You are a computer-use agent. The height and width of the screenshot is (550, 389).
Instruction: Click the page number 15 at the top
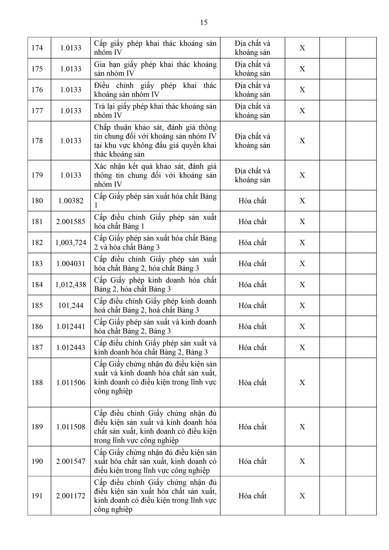204,23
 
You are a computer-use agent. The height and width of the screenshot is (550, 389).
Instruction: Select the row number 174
37,48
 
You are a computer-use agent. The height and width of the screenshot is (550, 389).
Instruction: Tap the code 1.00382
71,201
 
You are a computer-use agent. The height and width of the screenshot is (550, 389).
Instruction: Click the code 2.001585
71,222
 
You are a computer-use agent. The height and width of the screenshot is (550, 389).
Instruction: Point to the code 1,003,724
71,243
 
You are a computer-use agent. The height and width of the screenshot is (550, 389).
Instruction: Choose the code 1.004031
71,264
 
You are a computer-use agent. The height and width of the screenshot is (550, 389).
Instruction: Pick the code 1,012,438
71,284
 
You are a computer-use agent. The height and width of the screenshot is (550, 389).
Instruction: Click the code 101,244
71,305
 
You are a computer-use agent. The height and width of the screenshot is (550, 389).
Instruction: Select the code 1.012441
71,326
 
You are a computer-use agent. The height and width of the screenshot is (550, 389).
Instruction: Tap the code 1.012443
71,347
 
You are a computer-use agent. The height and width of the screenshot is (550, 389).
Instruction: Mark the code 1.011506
71,382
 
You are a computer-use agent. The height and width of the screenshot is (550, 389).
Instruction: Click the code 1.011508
71,427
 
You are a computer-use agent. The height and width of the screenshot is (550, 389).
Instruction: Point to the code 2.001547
71,461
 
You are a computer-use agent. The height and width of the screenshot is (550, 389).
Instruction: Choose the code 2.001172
71,496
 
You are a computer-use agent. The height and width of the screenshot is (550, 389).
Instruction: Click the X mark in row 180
302,201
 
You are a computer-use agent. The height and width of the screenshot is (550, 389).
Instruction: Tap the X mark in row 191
302,496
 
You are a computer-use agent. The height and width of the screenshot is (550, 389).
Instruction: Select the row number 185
37,305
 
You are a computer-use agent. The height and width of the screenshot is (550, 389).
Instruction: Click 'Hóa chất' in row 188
252,382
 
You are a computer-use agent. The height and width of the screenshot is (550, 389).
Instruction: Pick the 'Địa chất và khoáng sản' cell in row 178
252,141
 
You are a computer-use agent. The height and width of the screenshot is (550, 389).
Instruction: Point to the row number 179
37,175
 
